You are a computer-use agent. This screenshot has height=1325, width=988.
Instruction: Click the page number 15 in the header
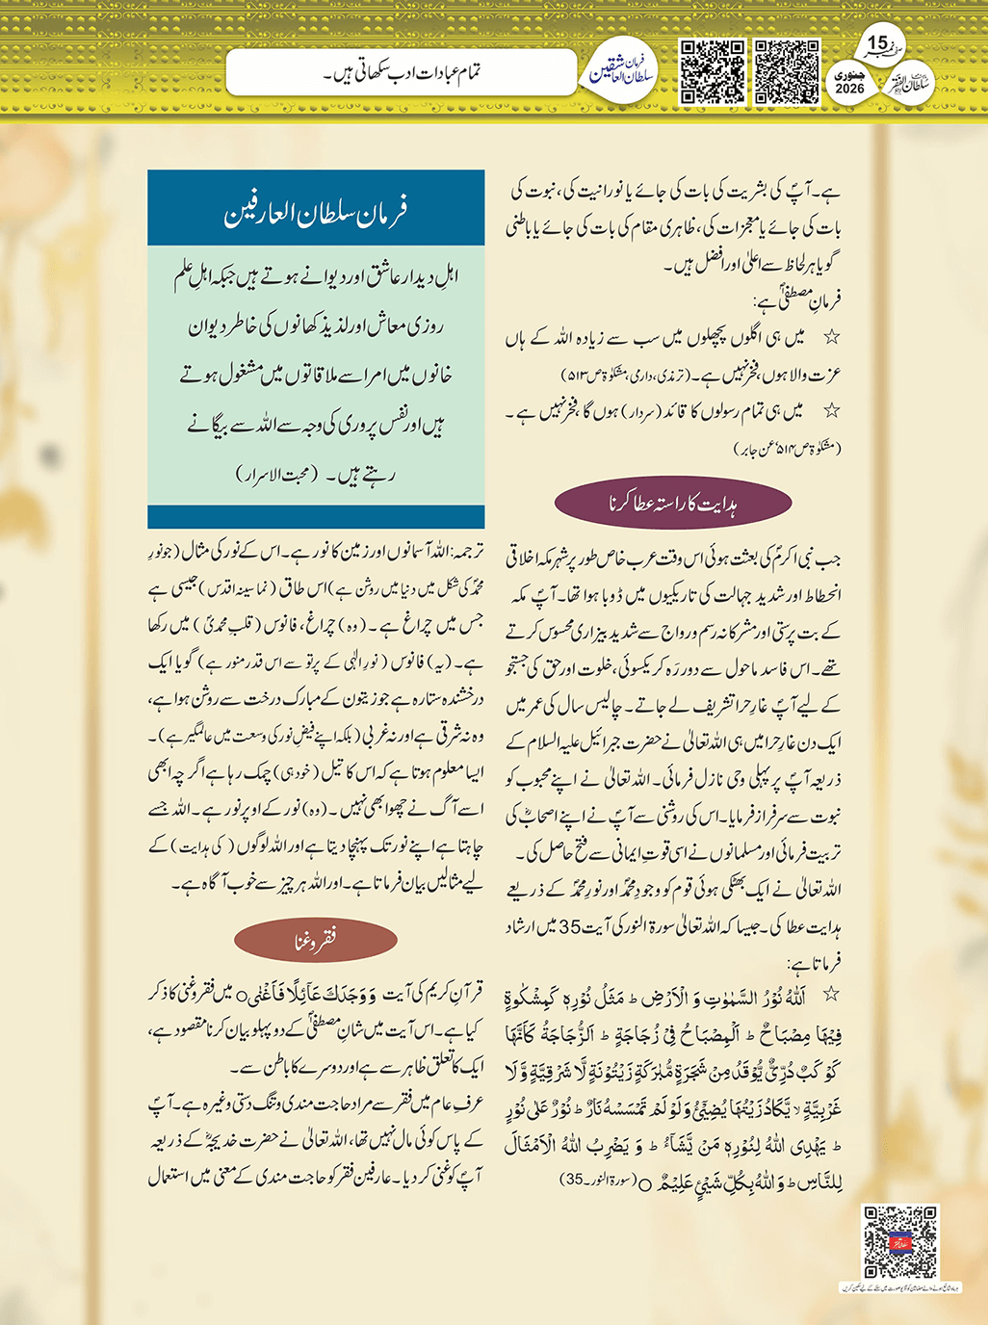[877, 43]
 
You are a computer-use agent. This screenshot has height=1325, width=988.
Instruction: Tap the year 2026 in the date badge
[850, 89]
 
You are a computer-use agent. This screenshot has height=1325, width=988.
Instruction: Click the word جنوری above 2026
[850, 73]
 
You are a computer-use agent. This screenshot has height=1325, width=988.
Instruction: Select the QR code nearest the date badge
[787, 71]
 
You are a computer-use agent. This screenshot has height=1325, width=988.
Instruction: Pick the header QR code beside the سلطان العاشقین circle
[713, 71]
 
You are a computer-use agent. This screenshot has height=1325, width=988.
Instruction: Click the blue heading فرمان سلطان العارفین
[316, 211]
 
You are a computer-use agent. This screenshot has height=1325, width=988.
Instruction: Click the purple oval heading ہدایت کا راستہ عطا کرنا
[673, 503]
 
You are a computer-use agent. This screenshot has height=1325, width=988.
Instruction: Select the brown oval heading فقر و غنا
[315, 942]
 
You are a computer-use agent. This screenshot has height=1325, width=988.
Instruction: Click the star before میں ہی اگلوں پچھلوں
[831, 338]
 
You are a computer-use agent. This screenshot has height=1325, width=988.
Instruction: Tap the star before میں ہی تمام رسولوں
[831, 411]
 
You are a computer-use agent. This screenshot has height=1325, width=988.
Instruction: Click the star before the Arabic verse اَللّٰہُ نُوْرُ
[830, 993]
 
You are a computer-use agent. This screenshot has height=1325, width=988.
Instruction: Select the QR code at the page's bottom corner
[899, 1242]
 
